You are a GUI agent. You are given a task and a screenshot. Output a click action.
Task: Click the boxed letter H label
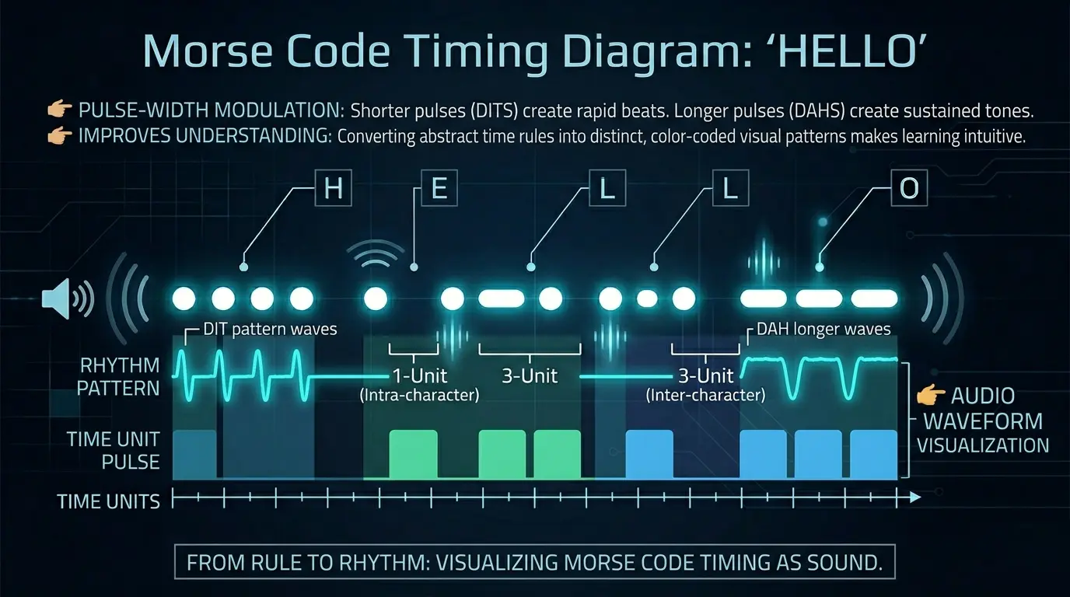click(x=333, y=189)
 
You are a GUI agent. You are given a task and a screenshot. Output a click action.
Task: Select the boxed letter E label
click(x=439, y=189)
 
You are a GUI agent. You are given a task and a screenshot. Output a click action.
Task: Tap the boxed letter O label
click(x=908, y=189)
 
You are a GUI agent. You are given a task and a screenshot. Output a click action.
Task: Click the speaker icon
click(x=65, y=298)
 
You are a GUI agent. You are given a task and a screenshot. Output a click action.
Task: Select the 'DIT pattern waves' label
click(x=270, y=329)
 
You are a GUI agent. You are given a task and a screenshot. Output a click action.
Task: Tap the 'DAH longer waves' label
click(x=823, y=329)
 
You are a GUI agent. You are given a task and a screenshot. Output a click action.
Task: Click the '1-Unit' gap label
click(x=419, y=376)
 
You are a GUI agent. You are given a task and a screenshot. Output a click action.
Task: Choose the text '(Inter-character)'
click(x=705, y=395)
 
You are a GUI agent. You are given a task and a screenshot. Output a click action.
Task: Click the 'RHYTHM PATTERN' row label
click(x=119, y=376)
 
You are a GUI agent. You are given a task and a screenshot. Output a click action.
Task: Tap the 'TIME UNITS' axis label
click(x=108, y=501)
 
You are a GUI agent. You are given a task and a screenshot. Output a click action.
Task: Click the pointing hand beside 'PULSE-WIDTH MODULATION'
click(x=59, y=110)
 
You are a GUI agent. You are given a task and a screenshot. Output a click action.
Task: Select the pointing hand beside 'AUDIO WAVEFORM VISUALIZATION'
click(x=930, y=396)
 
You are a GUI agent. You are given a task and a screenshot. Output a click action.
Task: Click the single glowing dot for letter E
click(x=376, y=298)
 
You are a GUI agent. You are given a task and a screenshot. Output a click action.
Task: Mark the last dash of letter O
click(x=874, y=298)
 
